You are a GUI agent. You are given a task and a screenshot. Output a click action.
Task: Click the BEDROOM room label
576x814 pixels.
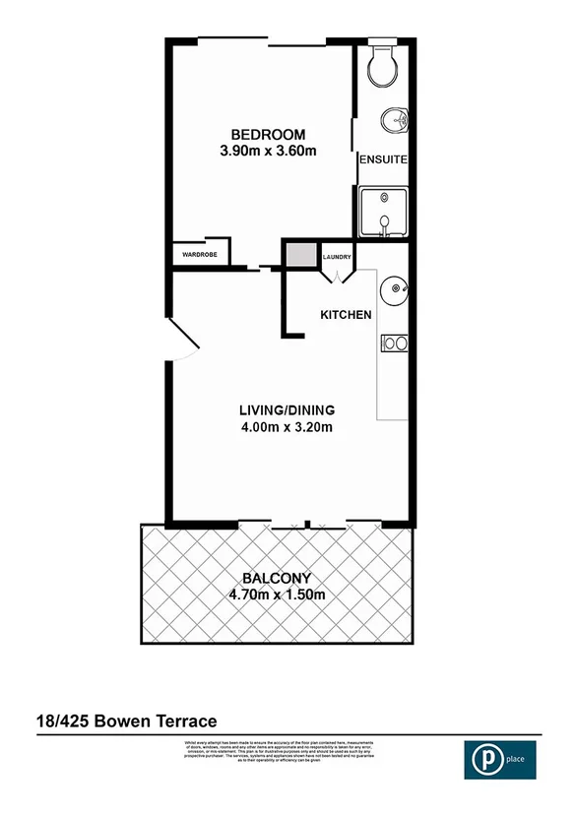pyautogui.click(x=268, y=135)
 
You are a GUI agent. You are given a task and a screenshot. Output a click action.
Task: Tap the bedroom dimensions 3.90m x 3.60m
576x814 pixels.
pyautogui.click(x=268, y=152)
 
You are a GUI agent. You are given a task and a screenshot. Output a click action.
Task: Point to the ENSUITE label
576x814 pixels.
pyautogui.click(x=383, y=158)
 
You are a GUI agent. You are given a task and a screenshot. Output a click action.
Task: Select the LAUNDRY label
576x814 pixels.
pyautogui.click(x=337, y=258)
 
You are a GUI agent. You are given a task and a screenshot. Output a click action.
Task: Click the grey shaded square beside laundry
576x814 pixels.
pyautogui.click(x=300, y=254)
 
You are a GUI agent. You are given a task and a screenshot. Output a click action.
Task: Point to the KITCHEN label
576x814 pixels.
pyautogui.click(x=346, y=315)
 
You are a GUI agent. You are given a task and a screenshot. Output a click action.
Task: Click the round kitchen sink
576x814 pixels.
pyautogui.click(x=396, y=289)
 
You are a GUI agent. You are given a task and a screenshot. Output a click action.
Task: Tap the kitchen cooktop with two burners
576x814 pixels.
pyautogui.click(x=395, y=344)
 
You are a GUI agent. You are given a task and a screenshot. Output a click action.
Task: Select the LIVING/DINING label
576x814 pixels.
pyautogui.click(x=288, y=409)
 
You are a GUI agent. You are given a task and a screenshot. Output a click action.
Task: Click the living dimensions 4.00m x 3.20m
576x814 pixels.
pyautogui.click(x=288, y=427)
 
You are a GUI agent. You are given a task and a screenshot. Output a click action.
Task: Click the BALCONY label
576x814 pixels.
pyautogui.click(x=277, y=578)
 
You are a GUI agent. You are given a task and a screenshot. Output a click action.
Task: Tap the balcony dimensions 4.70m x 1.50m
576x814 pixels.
pyautogui.click(x=277, y=595)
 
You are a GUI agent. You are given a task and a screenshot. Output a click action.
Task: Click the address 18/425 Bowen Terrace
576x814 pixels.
pyautogui.click(x=125, y=721)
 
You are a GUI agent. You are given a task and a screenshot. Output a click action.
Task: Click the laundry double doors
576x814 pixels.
pyautogui.click(x=337, y=275)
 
